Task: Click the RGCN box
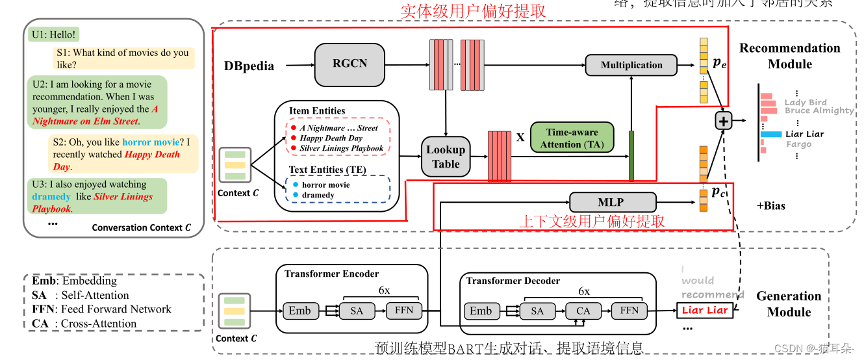[350, 64]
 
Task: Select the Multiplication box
[631, 65]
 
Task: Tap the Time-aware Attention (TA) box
[572, 138]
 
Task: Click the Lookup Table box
[446, 157]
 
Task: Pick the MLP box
[610, 201]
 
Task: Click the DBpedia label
[249, 66]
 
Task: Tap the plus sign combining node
[724, 121]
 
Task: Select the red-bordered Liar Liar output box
[705, 310]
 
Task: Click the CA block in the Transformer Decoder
[583, 311]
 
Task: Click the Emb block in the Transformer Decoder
[480, 311]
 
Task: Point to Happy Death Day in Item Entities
[331, 138]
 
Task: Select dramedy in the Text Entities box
[318, 195]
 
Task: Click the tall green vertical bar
[630, 156]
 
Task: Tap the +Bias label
[770, 206]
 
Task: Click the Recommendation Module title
[789, 56]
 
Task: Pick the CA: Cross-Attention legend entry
[84, 324]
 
